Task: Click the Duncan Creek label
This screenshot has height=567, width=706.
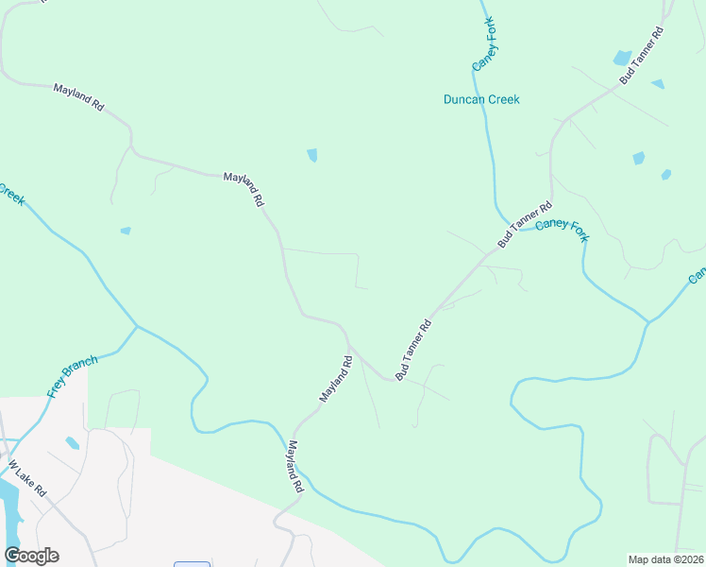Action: (x=481, y=99)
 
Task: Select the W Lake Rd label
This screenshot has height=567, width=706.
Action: (x=26, y=480)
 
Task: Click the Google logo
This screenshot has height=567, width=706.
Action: (x=31, y=556)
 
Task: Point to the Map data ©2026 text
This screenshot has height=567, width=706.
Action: (x=665, y=559)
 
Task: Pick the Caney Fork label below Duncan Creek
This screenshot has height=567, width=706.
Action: (x=561, y=230)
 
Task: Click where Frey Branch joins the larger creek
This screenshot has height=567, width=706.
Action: (x=137, y=327)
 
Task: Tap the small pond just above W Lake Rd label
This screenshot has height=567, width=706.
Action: (x=72, y=442)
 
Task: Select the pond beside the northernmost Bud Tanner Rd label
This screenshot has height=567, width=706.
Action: (x=622, y=58)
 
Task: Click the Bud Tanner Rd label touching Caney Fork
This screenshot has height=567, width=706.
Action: (x=525, y=225)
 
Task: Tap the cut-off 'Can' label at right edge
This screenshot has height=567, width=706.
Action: (x=697, y=275)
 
